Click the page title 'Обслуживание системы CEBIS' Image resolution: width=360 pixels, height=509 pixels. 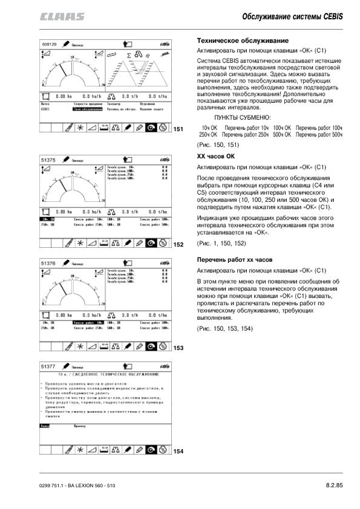[x=293, y=16]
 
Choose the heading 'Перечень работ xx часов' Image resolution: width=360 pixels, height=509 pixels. [x=234, y=259]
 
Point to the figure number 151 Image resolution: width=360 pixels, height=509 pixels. [x=178, y=129]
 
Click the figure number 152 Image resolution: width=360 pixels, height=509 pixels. [x=178, y=245]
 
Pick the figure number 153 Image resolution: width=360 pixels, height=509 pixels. [x=178, y=348]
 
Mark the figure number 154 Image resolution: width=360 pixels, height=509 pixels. [x=178, y=451]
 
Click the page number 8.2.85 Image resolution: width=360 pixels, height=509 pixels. [x=334, y=485]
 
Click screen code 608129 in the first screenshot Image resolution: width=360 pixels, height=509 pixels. [x=49, y=44]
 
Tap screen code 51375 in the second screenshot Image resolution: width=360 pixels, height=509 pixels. [x=48, y=160]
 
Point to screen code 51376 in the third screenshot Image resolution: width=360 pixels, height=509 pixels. [x=48, y=264]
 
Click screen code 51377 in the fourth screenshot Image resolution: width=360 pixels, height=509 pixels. [x=48, y=366]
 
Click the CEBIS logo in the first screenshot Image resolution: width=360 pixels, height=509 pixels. [x=162, y=45]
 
